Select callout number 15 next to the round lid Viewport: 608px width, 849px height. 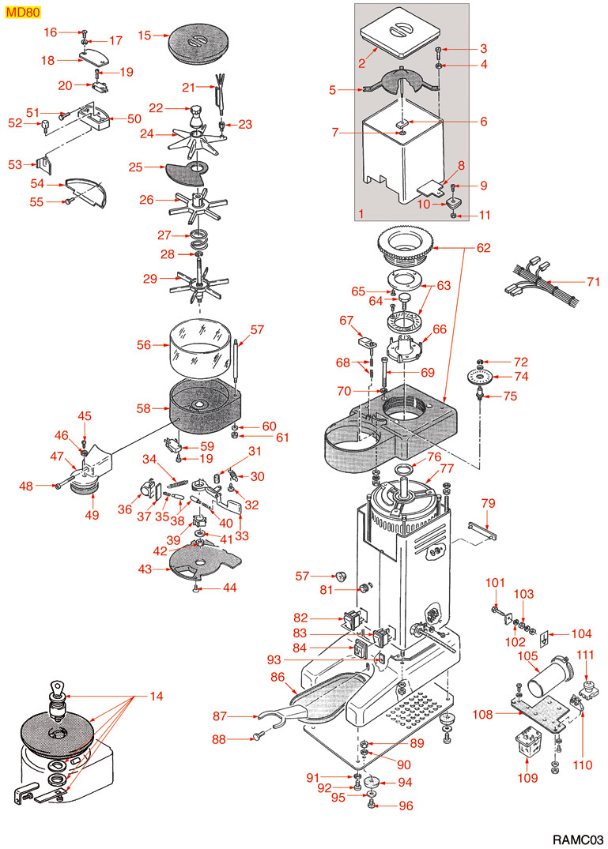pos(144,35)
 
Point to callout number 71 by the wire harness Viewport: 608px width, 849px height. pos(595,281)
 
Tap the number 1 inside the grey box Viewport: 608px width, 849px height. pos(361,213)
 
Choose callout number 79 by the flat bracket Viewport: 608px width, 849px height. pos(488,503)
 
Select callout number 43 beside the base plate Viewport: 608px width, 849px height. pos(145,569)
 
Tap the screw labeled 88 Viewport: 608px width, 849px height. pos(258,738)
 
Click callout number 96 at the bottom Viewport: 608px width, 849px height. pos(406,806)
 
